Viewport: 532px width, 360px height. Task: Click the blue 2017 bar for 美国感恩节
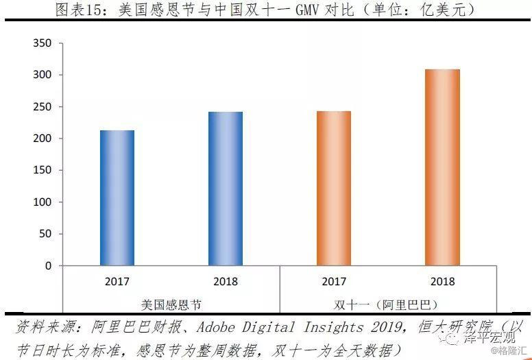pos(117,197)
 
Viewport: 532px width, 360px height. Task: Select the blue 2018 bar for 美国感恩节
pos(225,189)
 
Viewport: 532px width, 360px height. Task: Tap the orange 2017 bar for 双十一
pos(333,189)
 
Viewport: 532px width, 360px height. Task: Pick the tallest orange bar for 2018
pos(442,167)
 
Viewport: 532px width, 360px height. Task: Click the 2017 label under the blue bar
pos(117,281)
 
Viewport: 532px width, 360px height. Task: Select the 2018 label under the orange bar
pos(442,281)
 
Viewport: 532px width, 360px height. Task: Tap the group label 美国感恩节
pos(171,303)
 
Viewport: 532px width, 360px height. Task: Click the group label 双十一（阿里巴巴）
pos(387,303)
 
